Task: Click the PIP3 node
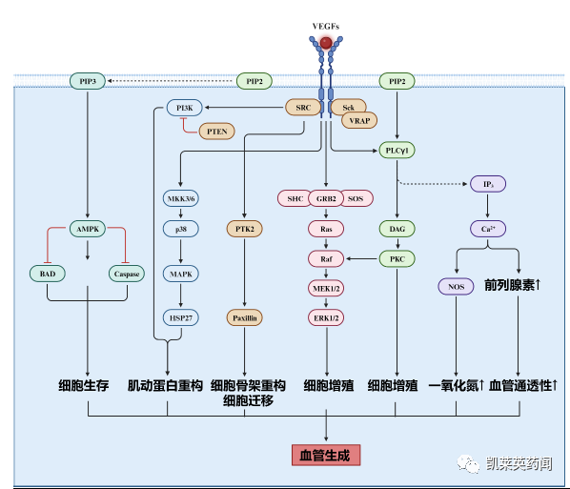[x=87, y=82]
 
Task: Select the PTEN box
[x=216, y=130]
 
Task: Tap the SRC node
[x=303, y=108]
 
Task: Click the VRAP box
[x=358, y=121]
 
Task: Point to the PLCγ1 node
[x=397, y=151]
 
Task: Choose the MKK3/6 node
[x=180, y=198]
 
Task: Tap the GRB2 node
[x=325, y=198]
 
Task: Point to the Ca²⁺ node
[x=488, y=229]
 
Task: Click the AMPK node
[x=87, y=229]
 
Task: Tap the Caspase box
[x=127, y=274]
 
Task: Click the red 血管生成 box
[x=325, y=455]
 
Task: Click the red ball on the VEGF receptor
[x=325, y=43]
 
